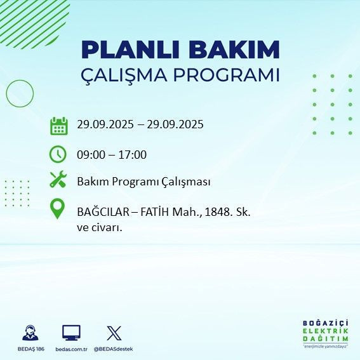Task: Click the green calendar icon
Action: point(58,125)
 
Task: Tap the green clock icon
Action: point(58,154)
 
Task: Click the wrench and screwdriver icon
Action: point(58,180)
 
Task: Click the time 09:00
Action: point(90,155)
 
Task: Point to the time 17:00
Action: point(133,155)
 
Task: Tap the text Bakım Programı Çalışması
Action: point(143,182)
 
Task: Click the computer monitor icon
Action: point(71,332)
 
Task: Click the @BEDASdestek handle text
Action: point(114,349)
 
